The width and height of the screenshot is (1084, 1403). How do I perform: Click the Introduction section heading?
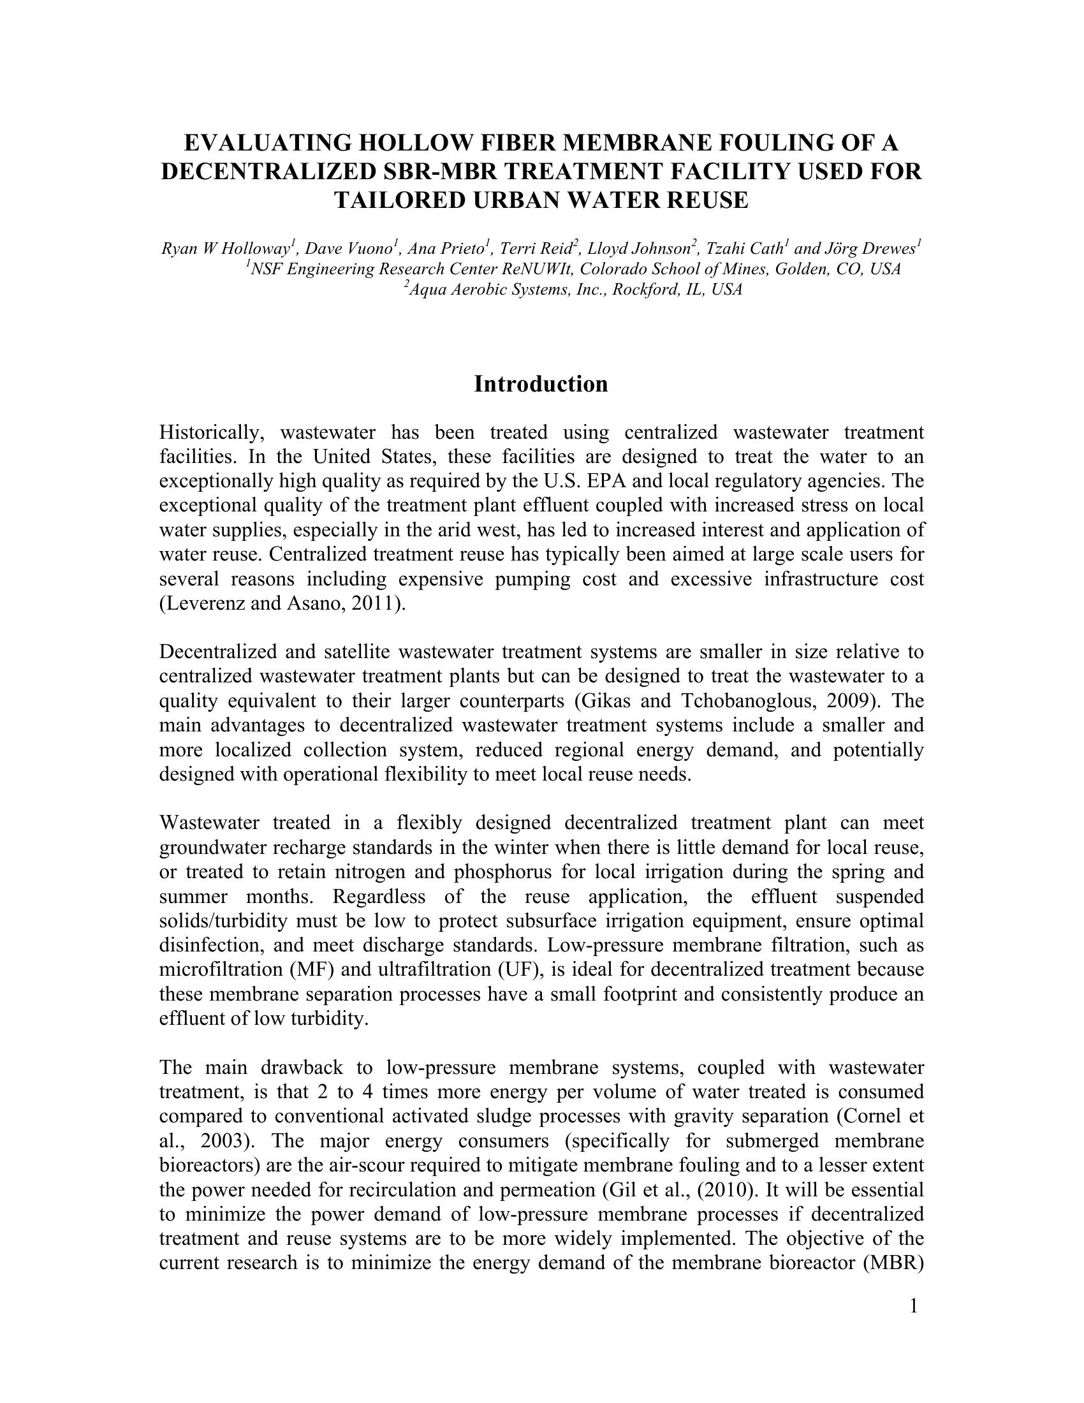click(x=541, y=384)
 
